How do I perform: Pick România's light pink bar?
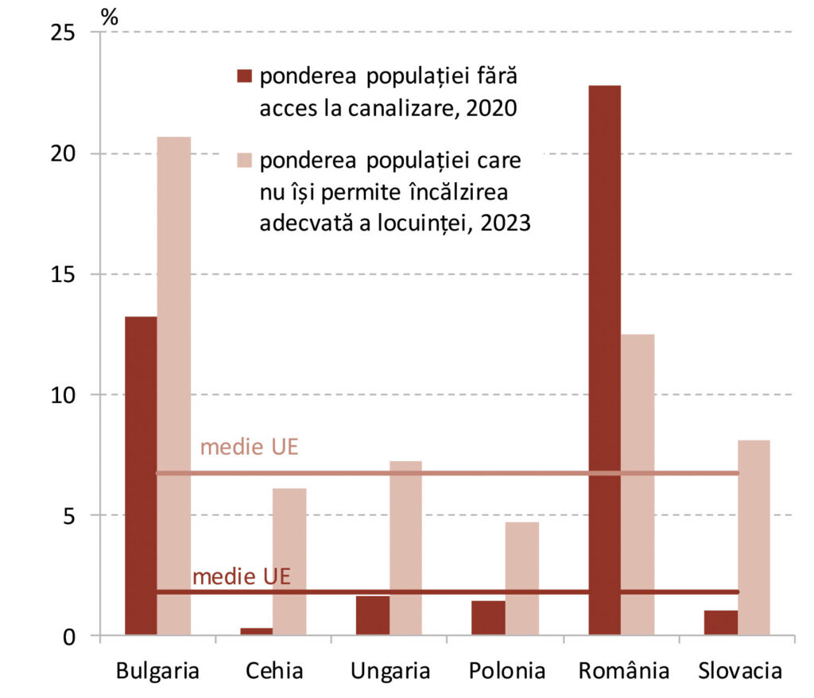click(x=638, y=484)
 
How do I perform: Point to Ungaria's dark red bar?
click(x=372, y=615)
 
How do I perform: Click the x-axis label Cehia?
click(x=274, y=671)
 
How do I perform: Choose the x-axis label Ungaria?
click(x=390, y=671)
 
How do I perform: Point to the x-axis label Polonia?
click(x=506, y=671)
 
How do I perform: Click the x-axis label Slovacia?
click(x=739, y=671)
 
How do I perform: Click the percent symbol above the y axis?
click(x=110, y=16)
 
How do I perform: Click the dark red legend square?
click(x=243, y=76)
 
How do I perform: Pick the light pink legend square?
click(x=243, y=162)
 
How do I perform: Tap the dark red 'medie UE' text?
click(x=242, y=576)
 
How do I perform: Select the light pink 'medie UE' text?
click(x=249, y=447)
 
